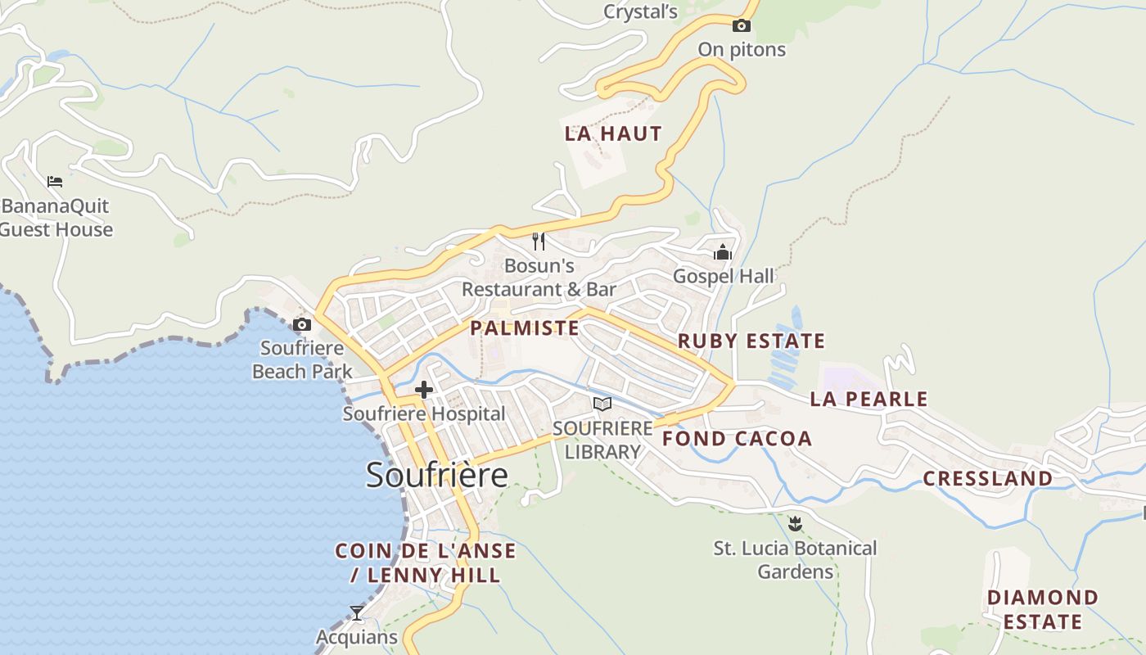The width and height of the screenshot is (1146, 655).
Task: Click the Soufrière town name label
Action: (x=436, y=475)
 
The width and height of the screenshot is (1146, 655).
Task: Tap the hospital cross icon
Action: (x=424, y=390)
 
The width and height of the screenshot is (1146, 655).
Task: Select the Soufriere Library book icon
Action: (x=602, y=404)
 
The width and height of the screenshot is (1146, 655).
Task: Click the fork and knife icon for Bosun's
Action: (x=539, y=241)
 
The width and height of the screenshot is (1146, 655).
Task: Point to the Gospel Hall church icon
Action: (x=723, y=252)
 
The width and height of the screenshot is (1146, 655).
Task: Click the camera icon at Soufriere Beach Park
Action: (x=302, y=324)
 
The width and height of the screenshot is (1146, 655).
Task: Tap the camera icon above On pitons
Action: (x=741, y=25)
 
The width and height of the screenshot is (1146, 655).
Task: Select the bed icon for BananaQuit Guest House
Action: (x=55, y=181)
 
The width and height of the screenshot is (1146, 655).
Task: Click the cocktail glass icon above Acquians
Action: (x=357, y=612)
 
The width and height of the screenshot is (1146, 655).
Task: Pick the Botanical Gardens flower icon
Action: (x=794, y=522)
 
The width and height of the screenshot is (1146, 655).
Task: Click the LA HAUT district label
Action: (x=613, y=133)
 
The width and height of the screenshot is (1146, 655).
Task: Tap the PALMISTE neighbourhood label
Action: (x=524, y=328)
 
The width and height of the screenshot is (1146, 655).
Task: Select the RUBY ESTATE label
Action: (x=751, y=341)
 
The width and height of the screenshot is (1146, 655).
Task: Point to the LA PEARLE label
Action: (x=869, y=399)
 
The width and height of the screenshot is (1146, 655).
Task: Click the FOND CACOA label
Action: (x=737, y=438)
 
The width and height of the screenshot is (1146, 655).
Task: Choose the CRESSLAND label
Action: (x=988, y=478)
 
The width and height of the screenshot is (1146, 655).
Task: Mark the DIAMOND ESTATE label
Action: (x=1042, y=609)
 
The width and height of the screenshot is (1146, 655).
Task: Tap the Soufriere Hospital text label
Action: (x=424, y=413)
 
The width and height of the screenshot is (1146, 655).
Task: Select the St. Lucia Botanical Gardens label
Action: (x=795, y=559)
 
